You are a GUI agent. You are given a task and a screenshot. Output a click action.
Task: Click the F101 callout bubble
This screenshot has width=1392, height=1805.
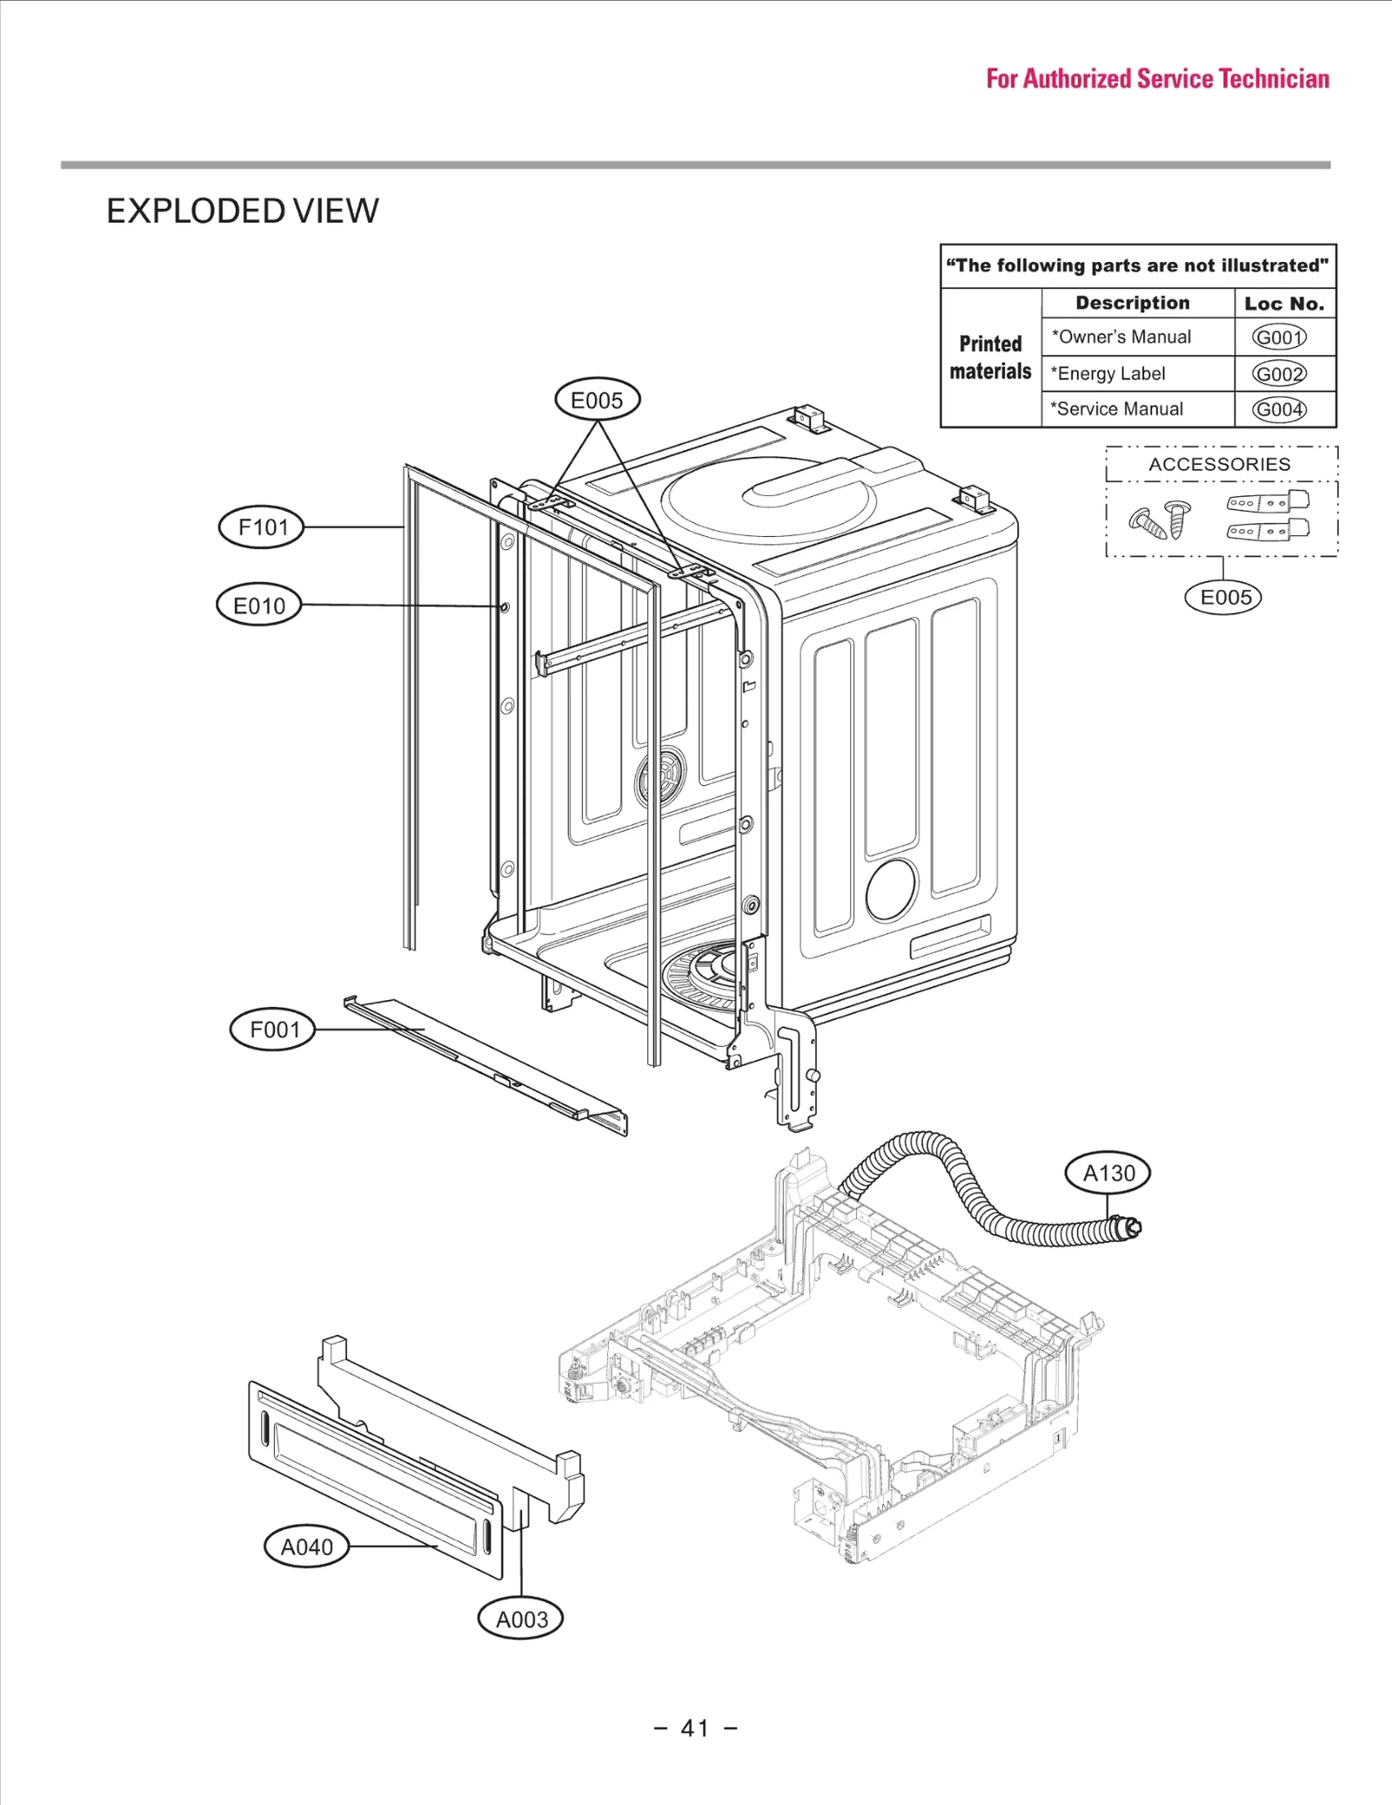pos(262,527)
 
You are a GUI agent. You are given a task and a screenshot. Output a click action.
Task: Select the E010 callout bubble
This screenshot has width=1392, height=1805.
pos(258,606)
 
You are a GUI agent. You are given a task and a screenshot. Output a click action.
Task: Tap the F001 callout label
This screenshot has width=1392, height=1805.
pos(273,1030)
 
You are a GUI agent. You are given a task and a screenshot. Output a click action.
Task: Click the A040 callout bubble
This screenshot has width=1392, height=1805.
pos(306,1547)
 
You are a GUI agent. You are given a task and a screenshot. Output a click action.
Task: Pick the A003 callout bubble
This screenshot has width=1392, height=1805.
pos(521,1619)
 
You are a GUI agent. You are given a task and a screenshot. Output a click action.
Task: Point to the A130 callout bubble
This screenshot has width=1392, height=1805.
pos(1108,1173)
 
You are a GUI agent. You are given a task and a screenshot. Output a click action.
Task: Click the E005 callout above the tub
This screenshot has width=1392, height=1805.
pos(597,400)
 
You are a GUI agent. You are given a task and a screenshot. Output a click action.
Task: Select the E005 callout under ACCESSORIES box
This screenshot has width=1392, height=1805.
pos(1224,597)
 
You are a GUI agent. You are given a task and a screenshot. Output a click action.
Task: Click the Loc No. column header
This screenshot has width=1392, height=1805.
pos(1284,304)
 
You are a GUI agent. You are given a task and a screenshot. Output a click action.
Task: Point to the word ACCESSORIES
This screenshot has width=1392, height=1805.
pos(1219,464)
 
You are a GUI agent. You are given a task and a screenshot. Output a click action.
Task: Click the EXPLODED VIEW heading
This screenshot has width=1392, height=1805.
pos(243,211)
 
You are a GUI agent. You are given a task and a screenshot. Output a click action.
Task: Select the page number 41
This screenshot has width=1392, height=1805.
pos(695,1728)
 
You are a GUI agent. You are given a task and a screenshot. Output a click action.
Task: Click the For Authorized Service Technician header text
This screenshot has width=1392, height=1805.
pos(1157,79)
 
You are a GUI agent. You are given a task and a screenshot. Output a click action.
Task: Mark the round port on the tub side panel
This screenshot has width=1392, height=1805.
pos(891,890)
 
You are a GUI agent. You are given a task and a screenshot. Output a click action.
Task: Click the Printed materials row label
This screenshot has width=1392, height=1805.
pos(990,358)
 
